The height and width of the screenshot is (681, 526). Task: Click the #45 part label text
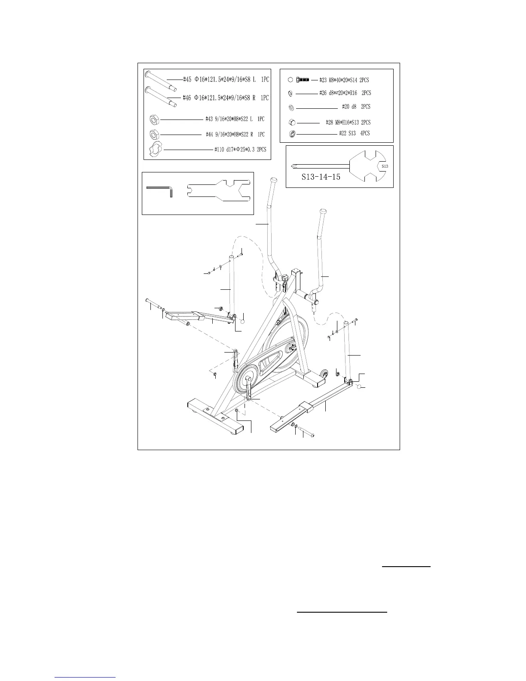point(226,80)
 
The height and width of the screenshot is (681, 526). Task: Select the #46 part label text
point(226,98)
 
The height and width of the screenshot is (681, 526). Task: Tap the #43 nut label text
point(235,119)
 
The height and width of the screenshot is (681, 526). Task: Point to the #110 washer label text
point(240,150)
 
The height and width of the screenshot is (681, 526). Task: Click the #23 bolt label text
point(344,80)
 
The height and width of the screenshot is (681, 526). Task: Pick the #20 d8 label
point(356,107)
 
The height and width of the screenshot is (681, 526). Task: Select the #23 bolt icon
point(303,80)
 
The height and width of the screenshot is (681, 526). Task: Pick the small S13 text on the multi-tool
point(385,166)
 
